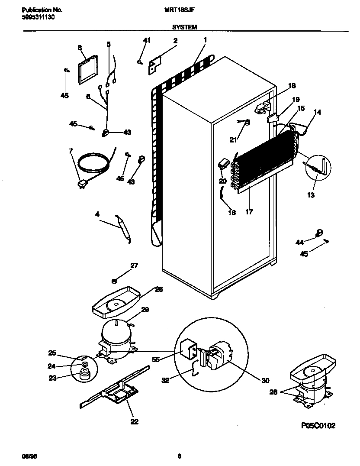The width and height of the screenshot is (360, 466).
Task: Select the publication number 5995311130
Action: (x=38, y=17)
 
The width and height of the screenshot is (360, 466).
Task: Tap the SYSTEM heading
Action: (x=185, y=27)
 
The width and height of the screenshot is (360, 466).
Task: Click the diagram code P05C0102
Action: (x=318, y=426)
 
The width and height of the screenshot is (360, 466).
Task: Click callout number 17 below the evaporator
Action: (x=249, y=212)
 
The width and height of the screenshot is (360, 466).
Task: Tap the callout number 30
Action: (x=265, y=381)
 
